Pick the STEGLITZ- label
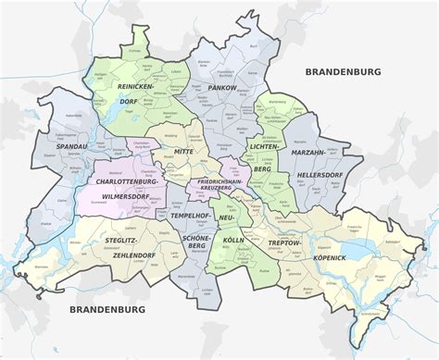tap(119, 242)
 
